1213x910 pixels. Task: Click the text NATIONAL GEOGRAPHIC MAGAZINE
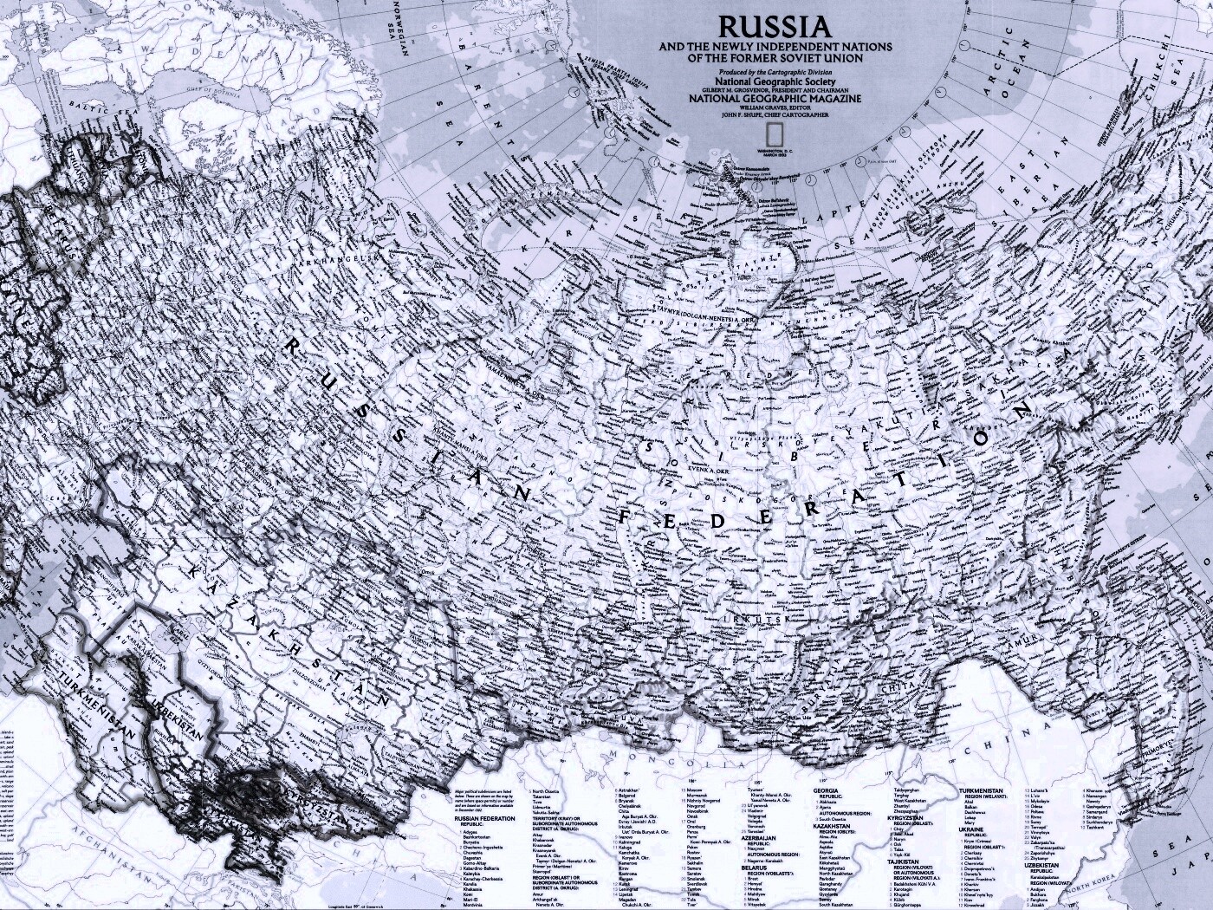pos(775,99)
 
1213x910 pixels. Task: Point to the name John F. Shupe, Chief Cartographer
pos(775,114)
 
